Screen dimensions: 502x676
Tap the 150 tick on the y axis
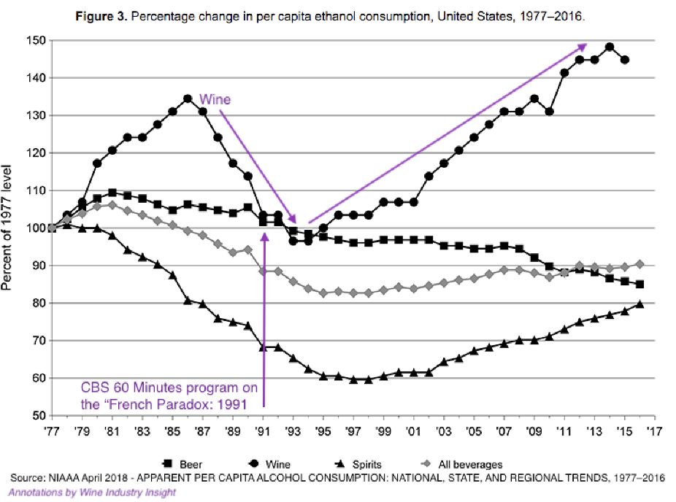pyautogui.click(x=35, y=40)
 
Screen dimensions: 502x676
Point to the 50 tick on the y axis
pyautogui.click(x=38, y=416)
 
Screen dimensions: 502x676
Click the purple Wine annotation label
pyautogui.click(x=215, y=99)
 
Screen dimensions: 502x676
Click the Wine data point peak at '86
pyautogui.click(x=188, y=99)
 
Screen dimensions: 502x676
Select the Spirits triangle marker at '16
pyautogui.click(x=640, y=304)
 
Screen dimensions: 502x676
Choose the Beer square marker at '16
pyautogui.click(x=640, y=285)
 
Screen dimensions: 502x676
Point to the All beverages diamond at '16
pyautogui.click(x=640, y=264)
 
